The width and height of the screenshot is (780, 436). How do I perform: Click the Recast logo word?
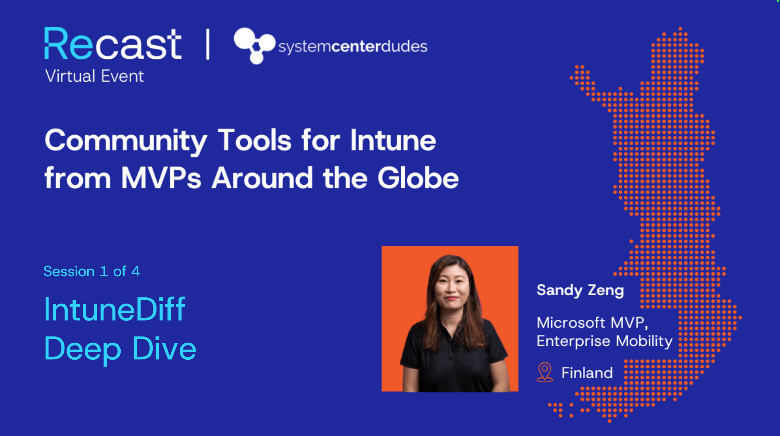[x=113, y=44]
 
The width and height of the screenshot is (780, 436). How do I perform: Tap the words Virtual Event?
[x=95, y=76]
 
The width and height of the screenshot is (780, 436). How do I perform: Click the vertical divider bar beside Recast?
[x=208, y=44]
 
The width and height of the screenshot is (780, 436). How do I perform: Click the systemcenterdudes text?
[x=353, y=46]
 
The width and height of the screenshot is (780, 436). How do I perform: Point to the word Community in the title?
[x=126, y=141]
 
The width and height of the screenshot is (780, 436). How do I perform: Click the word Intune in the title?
[x=393, y=140]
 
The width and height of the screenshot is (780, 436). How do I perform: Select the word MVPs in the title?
[x=161, y=178]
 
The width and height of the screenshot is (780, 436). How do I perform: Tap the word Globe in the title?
[x=418, y=178]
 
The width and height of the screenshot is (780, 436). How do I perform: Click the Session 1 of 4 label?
[x=92, y=271]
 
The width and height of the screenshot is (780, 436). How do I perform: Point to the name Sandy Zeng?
[x=580, y=290]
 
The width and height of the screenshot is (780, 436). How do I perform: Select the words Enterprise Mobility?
[x=604, y=341]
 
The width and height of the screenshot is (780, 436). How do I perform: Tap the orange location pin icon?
[x=544, y=372]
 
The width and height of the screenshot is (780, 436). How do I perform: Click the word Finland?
[x=587, y=373]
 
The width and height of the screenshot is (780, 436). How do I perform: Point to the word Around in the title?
[x=262, y=178]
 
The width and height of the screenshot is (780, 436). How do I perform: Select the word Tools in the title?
[x=254, y=140]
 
